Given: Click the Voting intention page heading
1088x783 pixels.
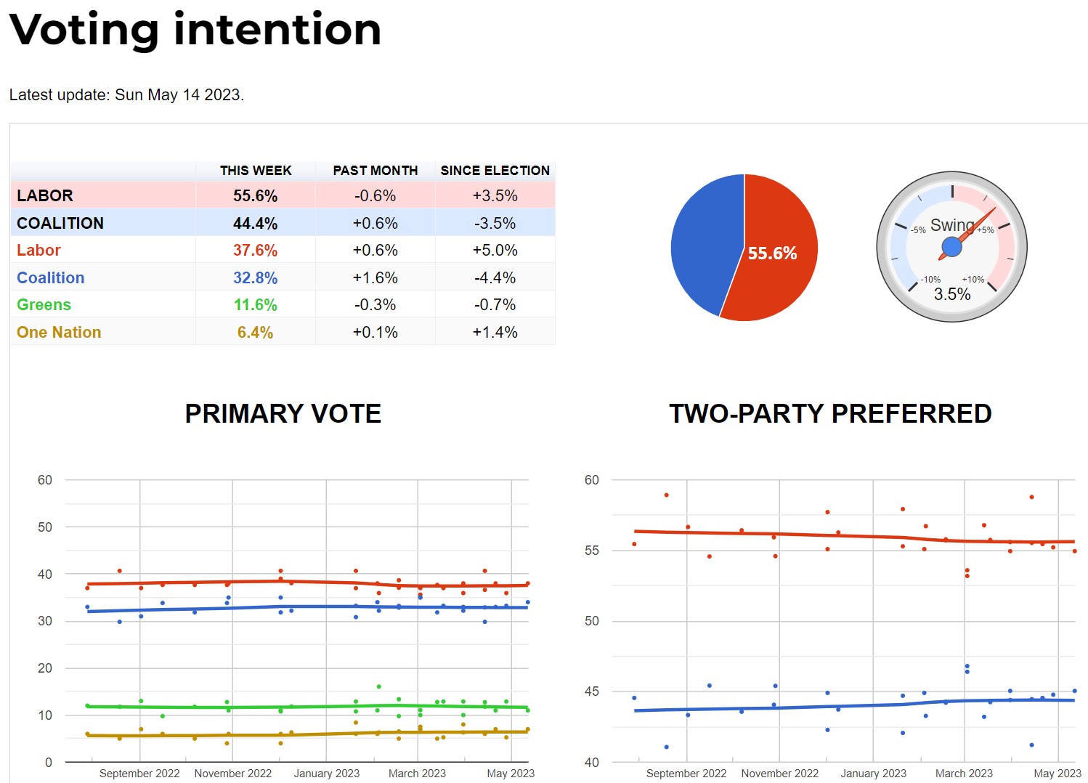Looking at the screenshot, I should click(195, 30).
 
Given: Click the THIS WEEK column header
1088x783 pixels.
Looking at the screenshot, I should click(256, 171).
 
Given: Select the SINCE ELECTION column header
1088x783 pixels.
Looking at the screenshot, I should click(495, 171).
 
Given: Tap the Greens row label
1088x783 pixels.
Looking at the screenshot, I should click(44, 305).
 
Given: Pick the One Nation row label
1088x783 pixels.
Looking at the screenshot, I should click(59, 333).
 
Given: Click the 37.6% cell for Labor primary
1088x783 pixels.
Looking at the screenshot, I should click(255, 251).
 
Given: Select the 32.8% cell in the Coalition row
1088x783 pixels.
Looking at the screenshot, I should click(255, 278).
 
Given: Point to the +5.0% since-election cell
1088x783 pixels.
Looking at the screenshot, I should click(495, 251).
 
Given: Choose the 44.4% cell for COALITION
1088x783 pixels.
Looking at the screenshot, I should click(255, 224).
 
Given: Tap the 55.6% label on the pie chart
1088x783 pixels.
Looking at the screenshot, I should click(772, 253).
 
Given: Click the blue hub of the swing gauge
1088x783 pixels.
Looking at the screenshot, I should click(951, 247).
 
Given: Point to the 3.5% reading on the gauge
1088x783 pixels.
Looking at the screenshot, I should click(952, 294).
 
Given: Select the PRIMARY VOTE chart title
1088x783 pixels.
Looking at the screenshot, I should click(283, 413).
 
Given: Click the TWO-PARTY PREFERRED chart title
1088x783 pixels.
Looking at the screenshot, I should click(830, 413).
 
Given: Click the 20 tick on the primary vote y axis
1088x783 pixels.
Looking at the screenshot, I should click(45, 668).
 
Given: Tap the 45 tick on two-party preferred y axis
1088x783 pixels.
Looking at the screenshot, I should click(592, 691).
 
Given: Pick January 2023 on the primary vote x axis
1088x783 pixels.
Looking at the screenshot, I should click(326, 774).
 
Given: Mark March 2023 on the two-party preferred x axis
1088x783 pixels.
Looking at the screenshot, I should click(964, 774).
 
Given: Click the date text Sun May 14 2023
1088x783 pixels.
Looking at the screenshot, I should click(178, 95).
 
